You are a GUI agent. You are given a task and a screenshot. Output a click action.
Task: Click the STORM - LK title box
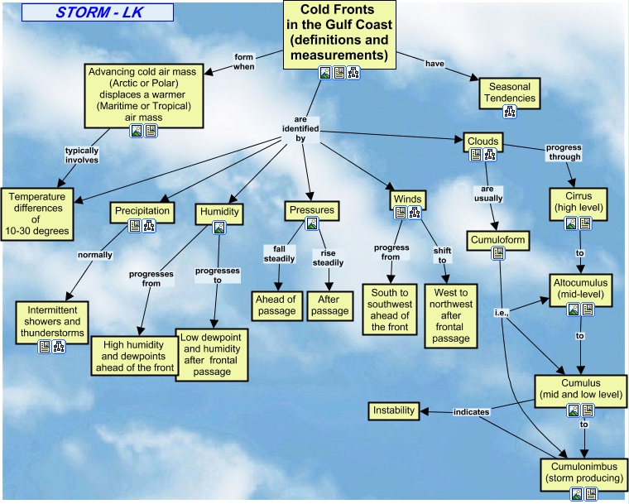[98, 12]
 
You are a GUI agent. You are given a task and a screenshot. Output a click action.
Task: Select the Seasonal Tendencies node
[511, 92]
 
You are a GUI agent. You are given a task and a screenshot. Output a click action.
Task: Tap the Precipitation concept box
[142, 211]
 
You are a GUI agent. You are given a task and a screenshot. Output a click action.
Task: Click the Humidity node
[219, 212]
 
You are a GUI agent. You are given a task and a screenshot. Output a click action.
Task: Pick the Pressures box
[312, 210]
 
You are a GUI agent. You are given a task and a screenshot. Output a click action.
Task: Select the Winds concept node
[408, 199]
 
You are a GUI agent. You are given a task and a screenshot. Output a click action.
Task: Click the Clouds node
[483, 142]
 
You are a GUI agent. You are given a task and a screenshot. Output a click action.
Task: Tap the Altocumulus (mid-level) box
[579, 288]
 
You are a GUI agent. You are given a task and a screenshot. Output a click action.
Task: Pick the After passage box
[330, 305]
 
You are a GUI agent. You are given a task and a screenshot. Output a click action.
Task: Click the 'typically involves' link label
[82, 155]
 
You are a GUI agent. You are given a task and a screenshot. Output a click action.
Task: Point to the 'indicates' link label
[471, 411]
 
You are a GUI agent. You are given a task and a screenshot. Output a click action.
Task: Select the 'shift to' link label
[442, 255]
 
